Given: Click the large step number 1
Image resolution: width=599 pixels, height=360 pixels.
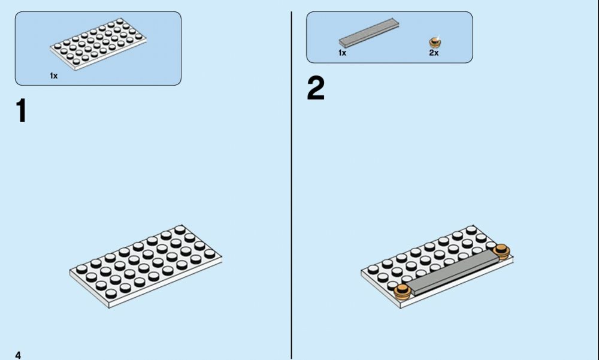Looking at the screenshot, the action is (x=21, y=110).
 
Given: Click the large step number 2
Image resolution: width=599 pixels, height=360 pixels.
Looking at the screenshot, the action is (x=316, y=88).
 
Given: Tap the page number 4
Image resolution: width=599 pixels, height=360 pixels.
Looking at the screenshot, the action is (x=18, y=355).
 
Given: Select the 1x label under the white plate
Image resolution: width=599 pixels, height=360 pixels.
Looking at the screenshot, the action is (x=53, y=75).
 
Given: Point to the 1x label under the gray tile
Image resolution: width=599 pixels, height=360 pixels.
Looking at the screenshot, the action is (x=342, y=53).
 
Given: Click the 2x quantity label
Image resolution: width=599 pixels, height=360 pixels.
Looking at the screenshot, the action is (x=434, y=53).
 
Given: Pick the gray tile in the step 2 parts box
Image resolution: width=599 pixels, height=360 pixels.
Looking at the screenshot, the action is (x=369, y=33).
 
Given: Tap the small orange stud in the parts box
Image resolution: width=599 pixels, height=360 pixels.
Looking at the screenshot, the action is (x=435, y=42).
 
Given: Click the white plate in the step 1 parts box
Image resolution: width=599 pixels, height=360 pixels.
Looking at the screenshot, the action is (x=98, y=44).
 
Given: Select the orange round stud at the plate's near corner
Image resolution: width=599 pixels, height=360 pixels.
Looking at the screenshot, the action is (x=403, y=292).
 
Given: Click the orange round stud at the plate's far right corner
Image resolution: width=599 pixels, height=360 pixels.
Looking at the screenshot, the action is (x=501, y=252).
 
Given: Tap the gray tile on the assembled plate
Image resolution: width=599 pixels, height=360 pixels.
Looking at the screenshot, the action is (x=454, y=273).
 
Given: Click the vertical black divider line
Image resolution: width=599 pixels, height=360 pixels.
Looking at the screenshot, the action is (x=292, y=185).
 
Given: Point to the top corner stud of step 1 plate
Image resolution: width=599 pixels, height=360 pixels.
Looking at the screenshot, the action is (x=180, y=229).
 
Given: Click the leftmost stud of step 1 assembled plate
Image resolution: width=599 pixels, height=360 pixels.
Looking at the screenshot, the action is (x=81, y=269).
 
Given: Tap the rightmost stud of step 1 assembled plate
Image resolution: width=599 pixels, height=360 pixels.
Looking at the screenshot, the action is (x=210, y=253).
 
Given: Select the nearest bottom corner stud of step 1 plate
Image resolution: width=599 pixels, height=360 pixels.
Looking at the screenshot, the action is (x=111, y=294).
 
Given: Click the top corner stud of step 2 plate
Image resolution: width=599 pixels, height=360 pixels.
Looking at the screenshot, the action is (x=471, y=229).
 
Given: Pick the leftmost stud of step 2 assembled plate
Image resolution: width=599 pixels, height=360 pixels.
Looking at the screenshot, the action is (x=373, y=269).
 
